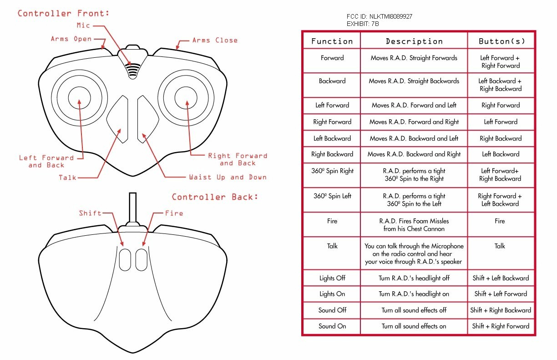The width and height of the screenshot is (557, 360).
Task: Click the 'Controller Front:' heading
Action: point(63,13)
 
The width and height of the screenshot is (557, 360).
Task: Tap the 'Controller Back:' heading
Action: point(215,197)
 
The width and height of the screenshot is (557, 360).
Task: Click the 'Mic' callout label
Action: point(83,25)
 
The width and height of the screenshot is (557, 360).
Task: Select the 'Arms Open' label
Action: point(71,39)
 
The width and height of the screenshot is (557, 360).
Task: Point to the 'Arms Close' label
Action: point(215,41)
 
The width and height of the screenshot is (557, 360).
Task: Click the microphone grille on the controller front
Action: point(132,69)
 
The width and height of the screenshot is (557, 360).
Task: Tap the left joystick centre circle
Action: point(80,98)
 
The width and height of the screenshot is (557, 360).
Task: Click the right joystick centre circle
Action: point(187,98)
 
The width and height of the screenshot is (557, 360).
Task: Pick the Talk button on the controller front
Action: point(118,119)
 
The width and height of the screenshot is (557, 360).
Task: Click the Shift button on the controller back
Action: point(125,258)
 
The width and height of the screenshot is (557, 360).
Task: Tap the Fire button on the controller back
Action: point(142,258)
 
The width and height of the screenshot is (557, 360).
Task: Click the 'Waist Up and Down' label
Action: point(228,177)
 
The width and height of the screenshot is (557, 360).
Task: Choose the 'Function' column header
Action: point(332,41)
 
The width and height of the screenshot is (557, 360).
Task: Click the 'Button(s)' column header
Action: point(501,41)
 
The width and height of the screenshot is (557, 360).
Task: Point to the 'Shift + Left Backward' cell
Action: point(501,278)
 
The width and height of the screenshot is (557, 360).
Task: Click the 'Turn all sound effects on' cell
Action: point(414,326)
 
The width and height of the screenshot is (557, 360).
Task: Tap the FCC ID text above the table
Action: point(380,16)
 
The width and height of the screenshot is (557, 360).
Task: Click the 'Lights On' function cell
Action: point(332,294)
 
